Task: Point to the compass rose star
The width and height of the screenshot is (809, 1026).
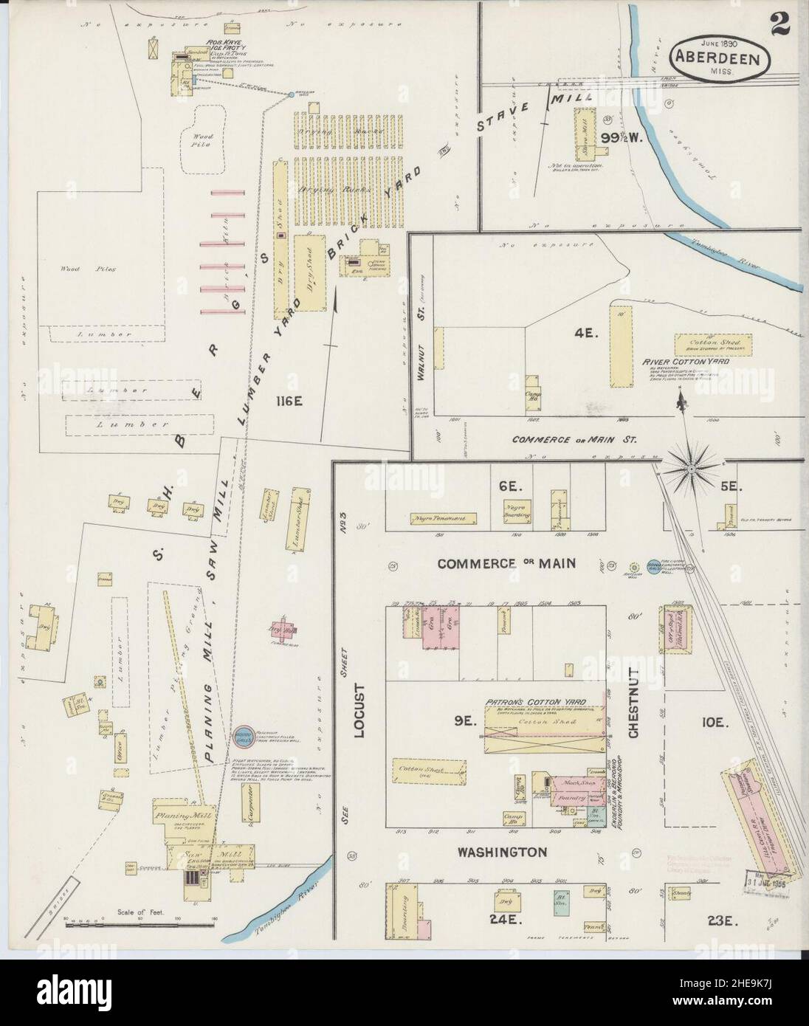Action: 691,466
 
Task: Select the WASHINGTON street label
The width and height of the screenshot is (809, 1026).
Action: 502,852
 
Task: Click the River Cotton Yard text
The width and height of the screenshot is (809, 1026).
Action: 698,362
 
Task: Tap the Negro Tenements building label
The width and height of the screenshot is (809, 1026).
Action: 438,518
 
